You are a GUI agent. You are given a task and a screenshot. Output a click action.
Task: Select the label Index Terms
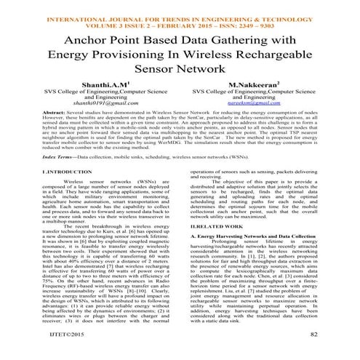coord(33,177)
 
